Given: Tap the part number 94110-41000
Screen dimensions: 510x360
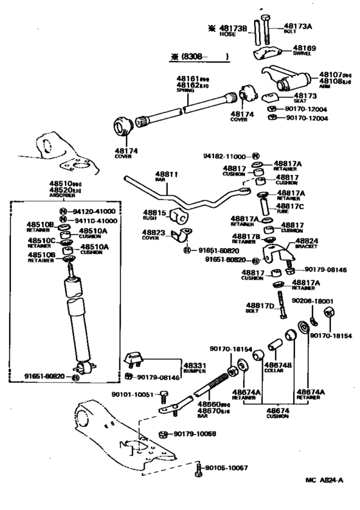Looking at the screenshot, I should click(x=92, y=220).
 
